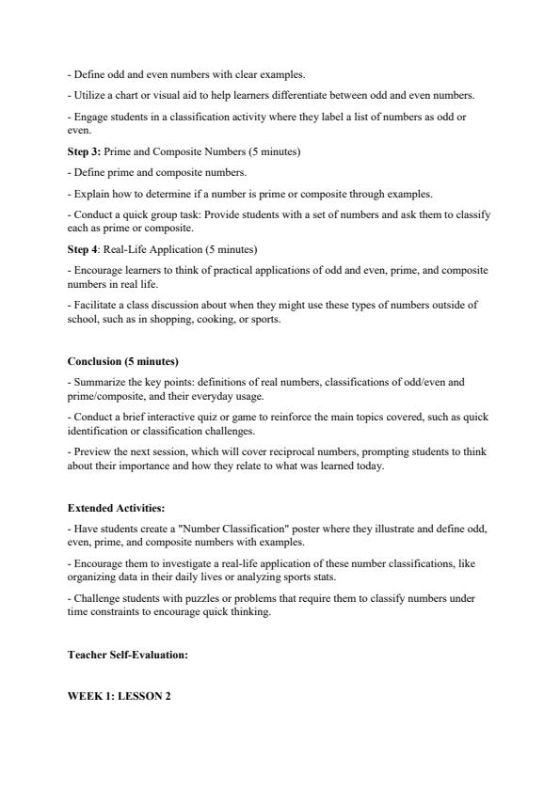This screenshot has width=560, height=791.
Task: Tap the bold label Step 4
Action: click(82, 249)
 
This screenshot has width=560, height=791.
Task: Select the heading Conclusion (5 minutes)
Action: click(122, 361)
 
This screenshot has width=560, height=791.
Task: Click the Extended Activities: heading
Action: click(116, 508)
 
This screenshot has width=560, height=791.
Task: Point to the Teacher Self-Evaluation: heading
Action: click(127, 655)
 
